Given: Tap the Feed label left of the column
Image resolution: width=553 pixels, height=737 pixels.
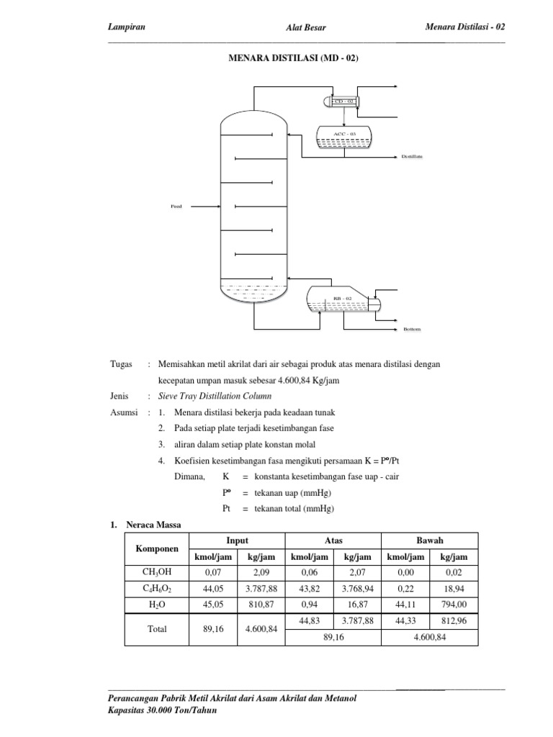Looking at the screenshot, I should [176, 207].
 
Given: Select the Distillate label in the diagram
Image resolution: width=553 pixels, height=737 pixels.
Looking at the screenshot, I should [412, 156].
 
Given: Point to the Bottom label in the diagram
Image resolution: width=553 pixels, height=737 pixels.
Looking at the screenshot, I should [411, 329].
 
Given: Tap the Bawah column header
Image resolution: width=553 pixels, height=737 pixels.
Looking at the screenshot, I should [430, 541].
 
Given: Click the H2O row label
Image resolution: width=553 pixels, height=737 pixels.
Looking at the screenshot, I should [157, 605].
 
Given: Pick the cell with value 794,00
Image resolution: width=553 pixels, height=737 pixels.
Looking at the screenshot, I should [454, 605].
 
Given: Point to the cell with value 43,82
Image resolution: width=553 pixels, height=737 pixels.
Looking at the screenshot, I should [310, 589].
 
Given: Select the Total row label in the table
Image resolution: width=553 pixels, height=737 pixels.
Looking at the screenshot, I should [157, 629].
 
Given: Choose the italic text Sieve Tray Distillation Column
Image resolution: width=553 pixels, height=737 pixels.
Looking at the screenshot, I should [215, 395].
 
